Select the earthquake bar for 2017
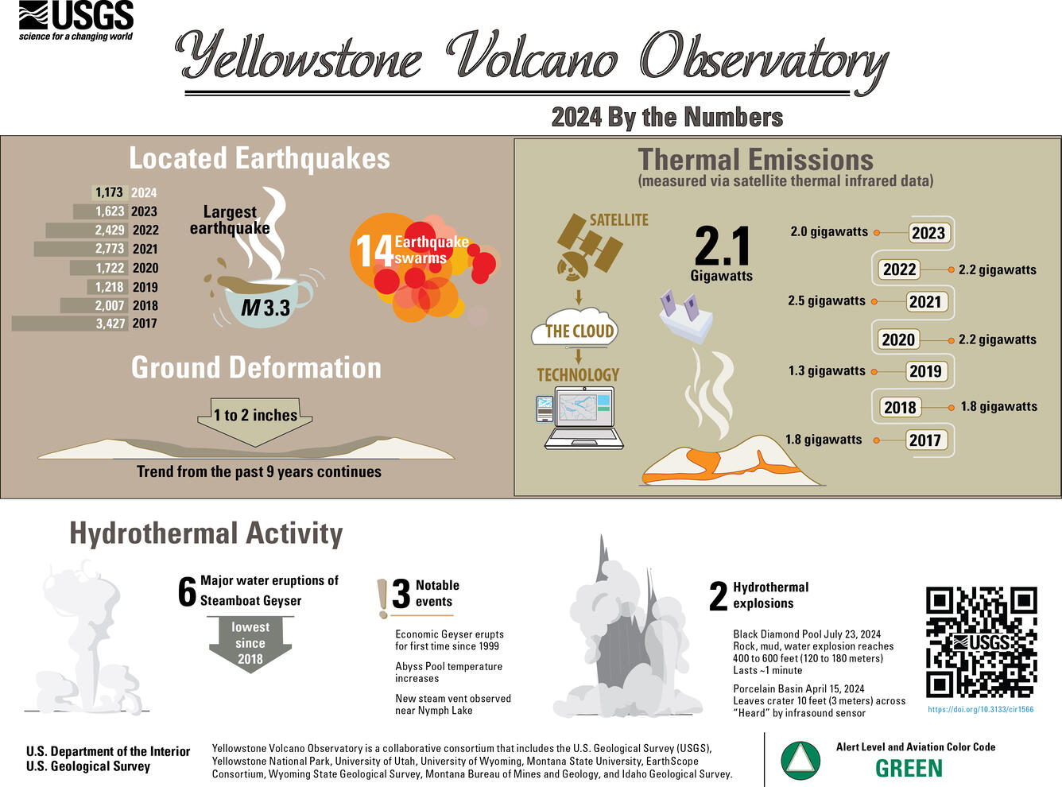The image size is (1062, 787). coord(70,324)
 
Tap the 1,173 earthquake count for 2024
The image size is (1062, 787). coord(109,192)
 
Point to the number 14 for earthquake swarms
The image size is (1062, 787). coord(373,251)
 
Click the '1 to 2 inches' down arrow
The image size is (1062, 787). coord(255,417)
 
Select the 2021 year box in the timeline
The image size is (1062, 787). coord(924,302)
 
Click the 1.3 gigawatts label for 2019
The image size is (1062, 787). coord(827,371)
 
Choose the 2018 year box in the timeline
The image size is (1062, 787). coord(900,408)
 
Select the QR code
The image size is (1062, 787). coord(981,642)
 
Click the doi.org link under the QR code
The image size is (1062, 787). coord(981,709)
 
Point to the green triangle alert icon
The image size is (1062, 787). coord(800,760)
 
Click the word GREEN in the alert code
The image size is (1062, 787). coord(909,769)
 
